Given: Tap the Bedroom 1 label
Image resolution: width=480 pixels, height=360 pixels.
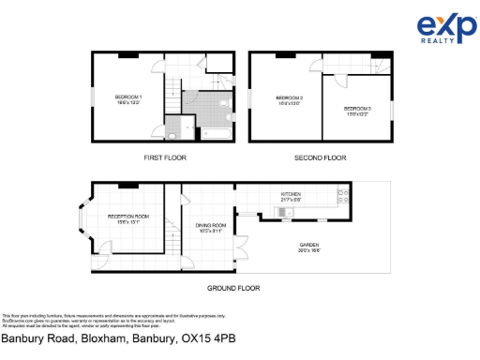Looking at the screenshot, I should pos(128,99).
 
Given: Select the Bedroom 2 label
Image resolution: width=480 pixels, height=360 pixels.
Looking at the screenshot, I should pos(288,100).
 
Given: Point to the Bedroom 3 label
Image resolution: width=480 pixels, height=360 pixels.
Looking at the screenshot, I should pos(356,111).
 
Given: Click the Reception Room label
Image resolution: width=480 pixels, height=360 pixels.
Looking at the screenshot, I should pos(123,220).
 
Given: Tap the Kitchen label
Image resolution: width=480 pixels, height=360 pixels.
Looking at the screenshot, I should pos(292,197).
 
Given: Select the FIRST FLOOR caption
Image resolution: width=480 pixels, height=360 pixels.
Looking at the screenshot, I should pos(164,158).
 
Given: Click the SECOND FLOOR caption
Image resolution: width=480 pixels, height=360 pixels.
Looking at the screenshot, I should pos(322,158).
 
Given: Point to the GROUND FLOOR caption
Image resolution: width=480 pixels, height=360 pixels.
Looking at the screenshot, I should pos(233,288).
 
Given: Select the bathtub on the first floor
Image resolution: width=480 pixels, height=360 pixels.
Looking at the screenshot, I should pos(208,134).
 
